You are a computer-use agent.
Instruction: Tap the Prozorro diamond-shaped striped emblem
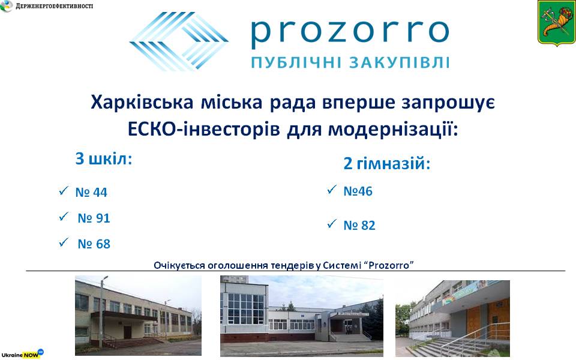(x=179, y=41)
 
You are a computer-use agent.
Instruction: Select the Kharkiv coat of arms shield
(x=556, y=23)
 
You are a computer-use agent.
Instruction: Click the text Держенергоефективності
(x=55, y=6)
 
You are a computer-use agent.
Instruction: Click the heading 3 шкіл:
(x=104, y=158)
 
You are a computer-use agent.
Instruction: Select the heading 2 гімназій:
(x=387, y=163)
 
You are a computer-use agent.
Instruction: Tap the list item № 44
(x=91, y=192)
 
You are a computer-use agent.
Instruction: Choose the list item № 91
(x=94, y=218)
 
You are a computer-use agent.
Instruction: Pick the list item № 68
(x=94, y=244)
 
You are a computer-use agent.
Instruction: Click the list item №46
(x=358, y=191)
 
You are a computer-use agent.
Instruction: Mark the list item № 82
(x=359, y=225)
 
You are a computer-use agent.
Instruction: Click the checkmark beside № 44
(x=64, y=190)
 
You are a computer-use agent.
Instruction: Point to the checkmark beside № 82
(x=332, y=223)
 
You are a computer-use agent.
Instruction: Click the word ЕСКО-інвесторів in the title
(x=204, y=130)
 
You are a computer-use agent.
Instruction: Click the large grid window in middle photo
(x=246, y=308)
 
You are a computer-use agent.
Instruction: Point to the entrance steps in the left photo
(x=132, y=343)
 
